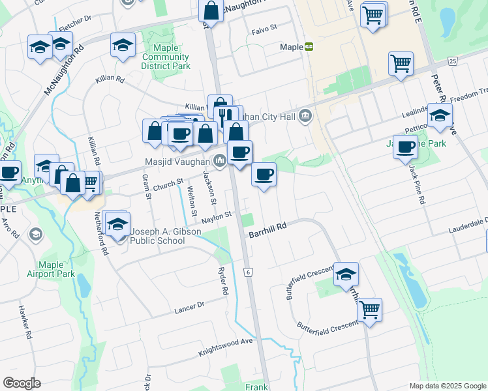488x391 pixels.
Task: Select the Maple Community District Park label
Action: click(x=166, y=57)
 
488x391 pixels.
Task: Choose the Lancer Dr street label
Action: click(x=189, y=306)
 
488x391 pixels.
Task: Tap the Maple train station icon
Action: click(x=309, y=47)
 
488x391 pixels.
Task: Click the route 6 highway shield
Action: click(x=248, y=271)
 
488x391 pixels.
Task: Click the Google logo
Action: click(x=22, y=383)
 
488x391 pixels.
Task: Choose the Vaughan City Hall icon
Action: click(x=305, y=117)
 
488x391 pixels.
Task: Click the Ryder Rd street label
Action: click(x=224, y=281)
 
